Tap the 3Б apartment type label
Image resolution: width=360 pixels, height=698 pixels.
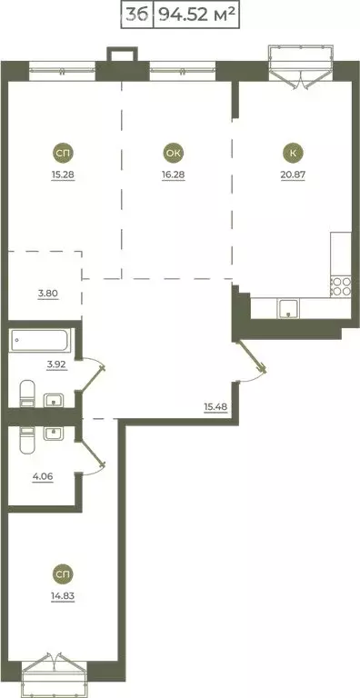[x=137, y=15]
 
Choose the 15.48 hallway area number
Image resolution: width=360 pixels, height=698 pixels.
[x=215, y=405]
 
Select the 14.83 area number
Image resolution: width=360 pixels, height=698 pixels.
[x=63, y=596]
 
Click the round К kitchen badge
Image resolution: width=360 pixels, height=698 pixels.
[x=291, y=152]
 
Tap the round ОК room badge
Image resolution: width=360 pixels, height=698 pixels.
[x=173, y=152]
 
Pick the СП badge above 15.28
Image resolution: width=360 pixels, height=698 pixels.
[x=63, y=152]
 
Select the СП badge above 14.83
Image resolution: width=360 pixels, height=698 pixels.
[x=63, y=574]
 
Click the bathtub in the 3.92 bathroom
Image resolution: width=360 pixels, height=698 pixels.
[x=39, y=342]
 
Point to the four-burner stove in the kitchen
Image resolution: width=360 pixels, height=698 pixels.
[x=340, y=288]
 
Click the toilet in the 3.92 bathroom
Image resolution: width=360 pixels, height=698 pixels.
[x=25, y=394]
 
